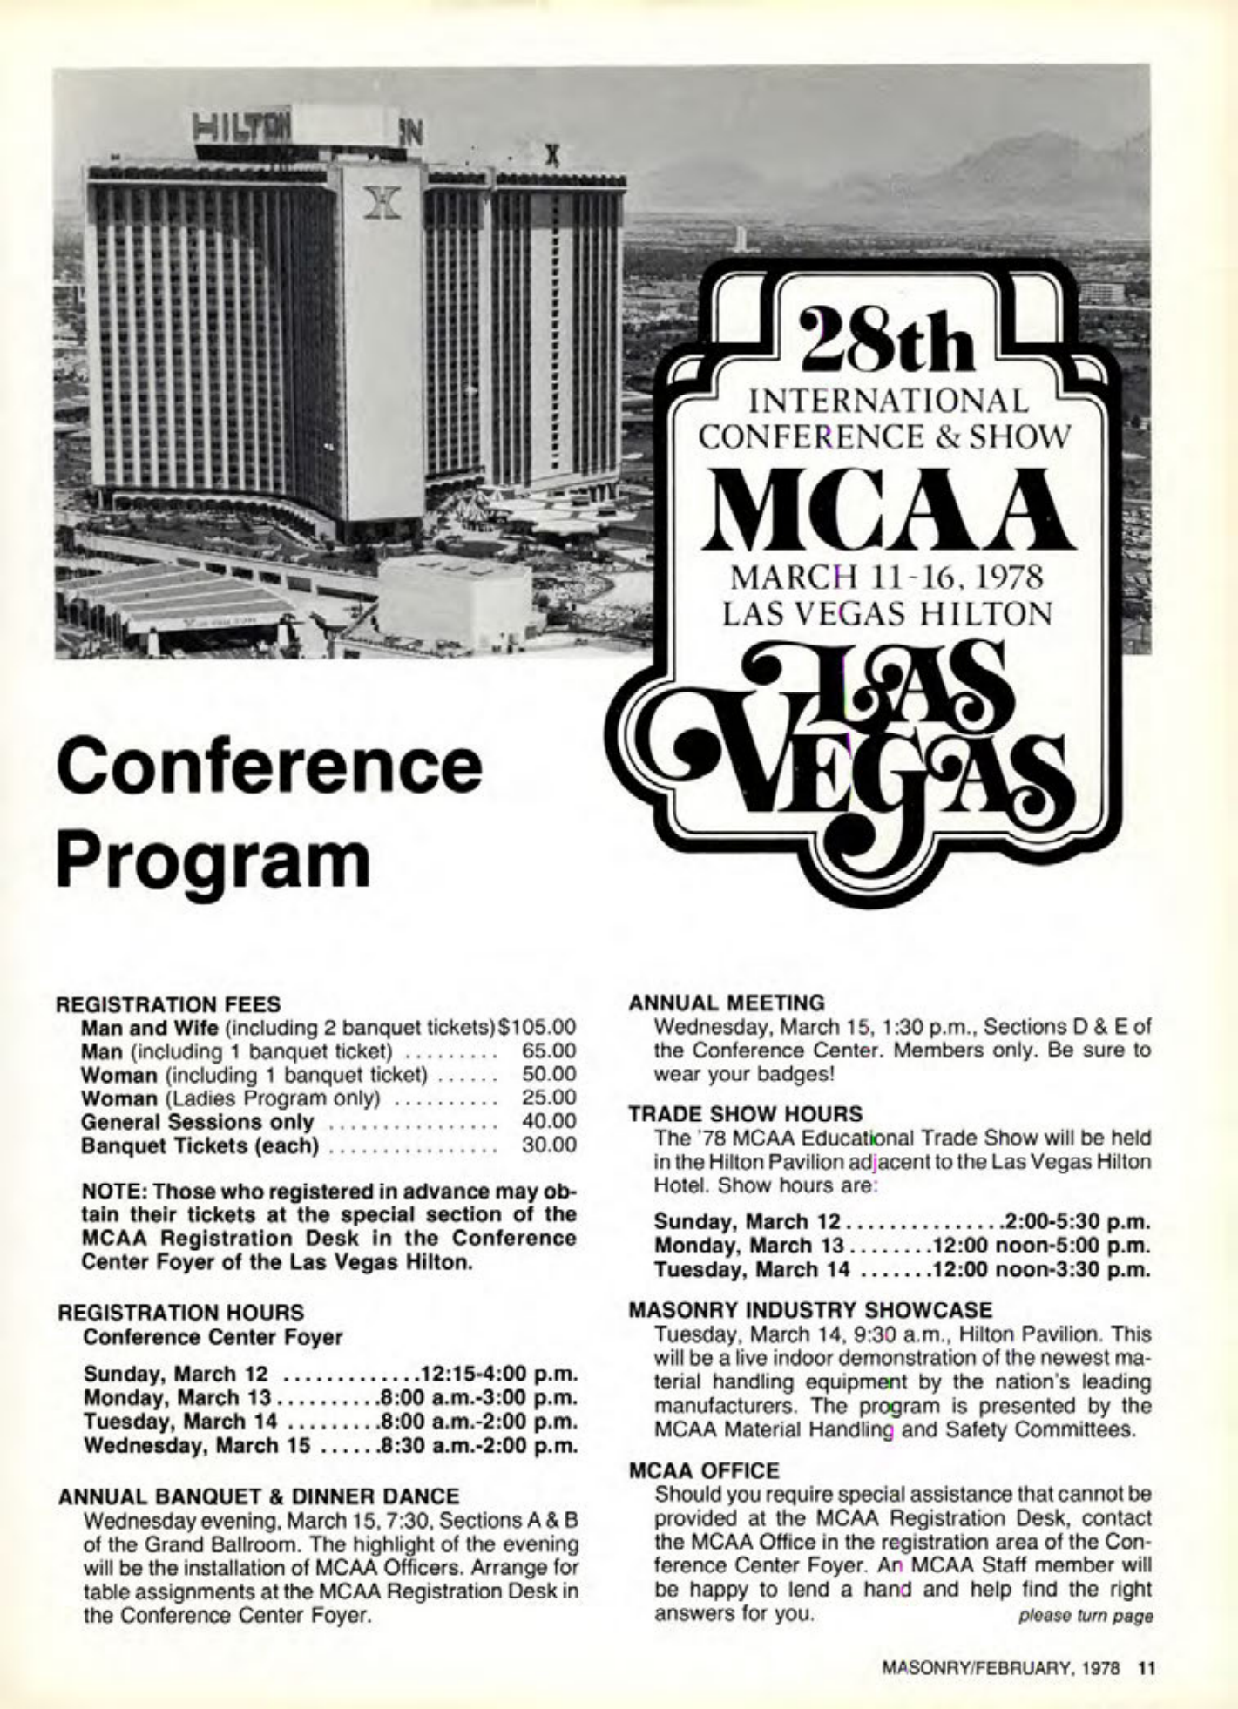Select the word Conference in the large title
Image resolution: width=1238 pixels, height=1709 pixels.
tap(268, 765)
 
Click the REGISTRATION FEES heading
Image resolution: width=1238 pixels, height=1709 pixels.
tap(169, 1003)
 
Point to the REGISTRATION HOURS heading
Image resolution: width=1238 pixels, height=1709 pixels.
tap(180, 1312)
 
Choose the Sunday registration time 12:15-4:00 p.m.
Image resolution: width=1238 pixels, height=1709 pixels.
tap(499, 1374)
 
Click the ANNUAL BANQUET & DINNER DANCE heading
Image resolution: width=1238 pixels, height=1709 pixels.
tap(258, 1496)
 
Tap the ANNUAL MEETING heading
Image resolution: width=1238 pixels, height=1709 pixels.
tap(726, 1003)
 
